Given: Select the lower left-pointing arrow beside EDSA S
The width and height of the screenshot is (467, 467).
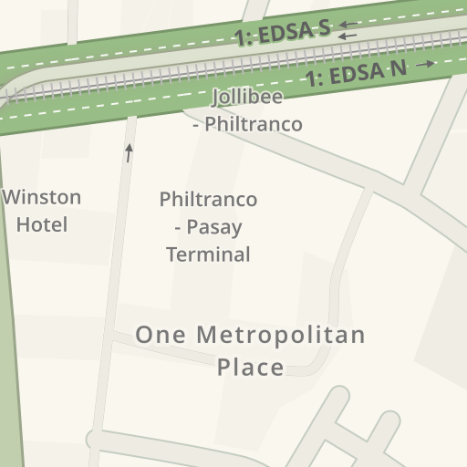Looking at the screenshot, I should (x=348, y=36).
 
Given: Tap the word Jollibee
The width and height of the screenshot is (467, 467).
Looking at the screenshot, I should (x=247, y=97).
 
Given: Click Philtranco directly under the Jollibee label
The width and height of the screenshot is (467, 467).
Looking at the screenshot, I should (x=253, y=124).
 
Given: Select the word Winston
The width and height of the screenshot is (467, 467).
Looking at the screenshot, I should (x=42, y=197).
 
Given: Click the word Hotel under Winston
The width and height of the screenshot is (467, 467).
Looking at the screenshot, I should (x=42, y=224).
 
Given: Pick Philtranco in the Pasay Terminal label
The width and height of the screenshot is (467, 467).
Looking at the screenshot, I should (x=208, y=199).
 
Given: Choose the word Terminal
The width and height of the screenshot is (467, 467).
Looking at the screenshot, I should (x=208, y=254).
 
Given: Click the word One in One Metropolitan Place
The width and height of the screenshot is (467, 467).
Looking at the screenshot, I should (x=157, y=335).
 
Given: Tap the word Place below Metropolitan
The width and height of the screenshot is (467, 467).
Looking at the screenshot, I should (x=251, y=368).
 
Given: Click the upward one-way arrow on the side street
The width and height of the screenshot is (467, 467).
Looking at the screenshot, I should (x=129, y=152).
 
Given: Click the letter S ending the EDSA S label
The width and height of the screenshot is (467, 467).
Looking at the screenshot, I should (x=323, y=28).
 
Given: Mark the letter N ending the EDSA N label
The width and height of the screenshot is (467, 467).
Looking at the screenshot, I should (x=398, y=67).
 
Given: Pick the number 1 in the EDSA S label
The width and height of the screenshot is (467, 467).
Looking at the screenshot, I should (x=241, y=39).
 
